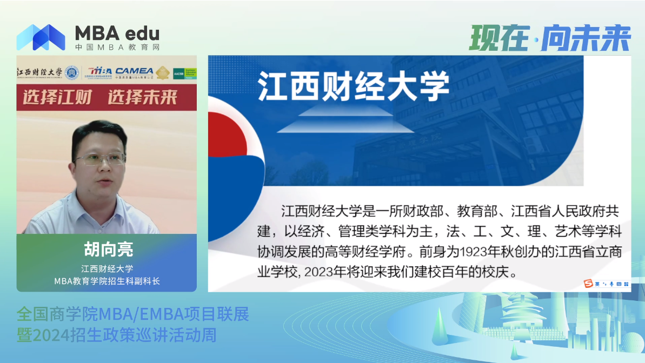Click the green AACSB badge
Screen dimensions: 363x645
point(184,73)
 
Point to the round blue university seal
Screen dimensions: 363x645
point(71,72)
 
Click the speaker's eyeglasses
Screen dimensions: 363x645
point(101,159)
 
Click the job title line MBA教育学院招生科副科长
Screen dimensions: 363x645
point(107,281)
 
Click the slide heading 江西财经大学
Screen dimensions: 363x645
point(354,87)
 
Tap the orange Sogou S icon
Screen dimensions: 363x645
point(588,284)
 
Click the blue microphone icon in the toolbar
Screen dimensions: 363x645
point(611,284)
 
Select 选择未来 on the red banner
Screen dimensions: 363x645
point(143,97)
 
